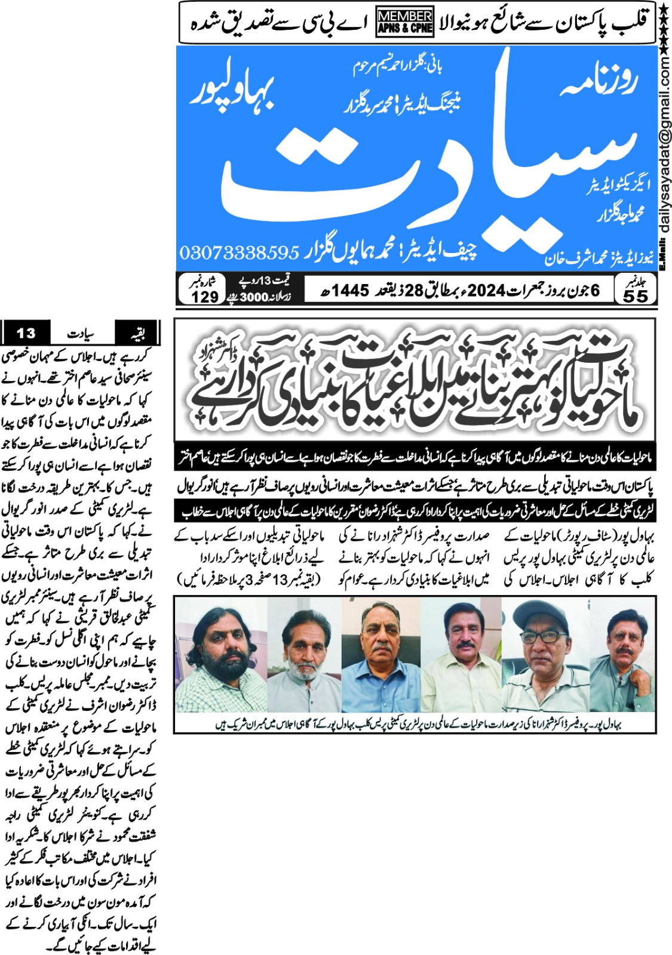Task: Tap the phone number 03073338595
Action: (x=239, y=252)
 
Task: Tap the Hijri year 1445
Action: (x=351, y=291)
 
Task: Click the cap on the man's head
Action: (x=542, y=615)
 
